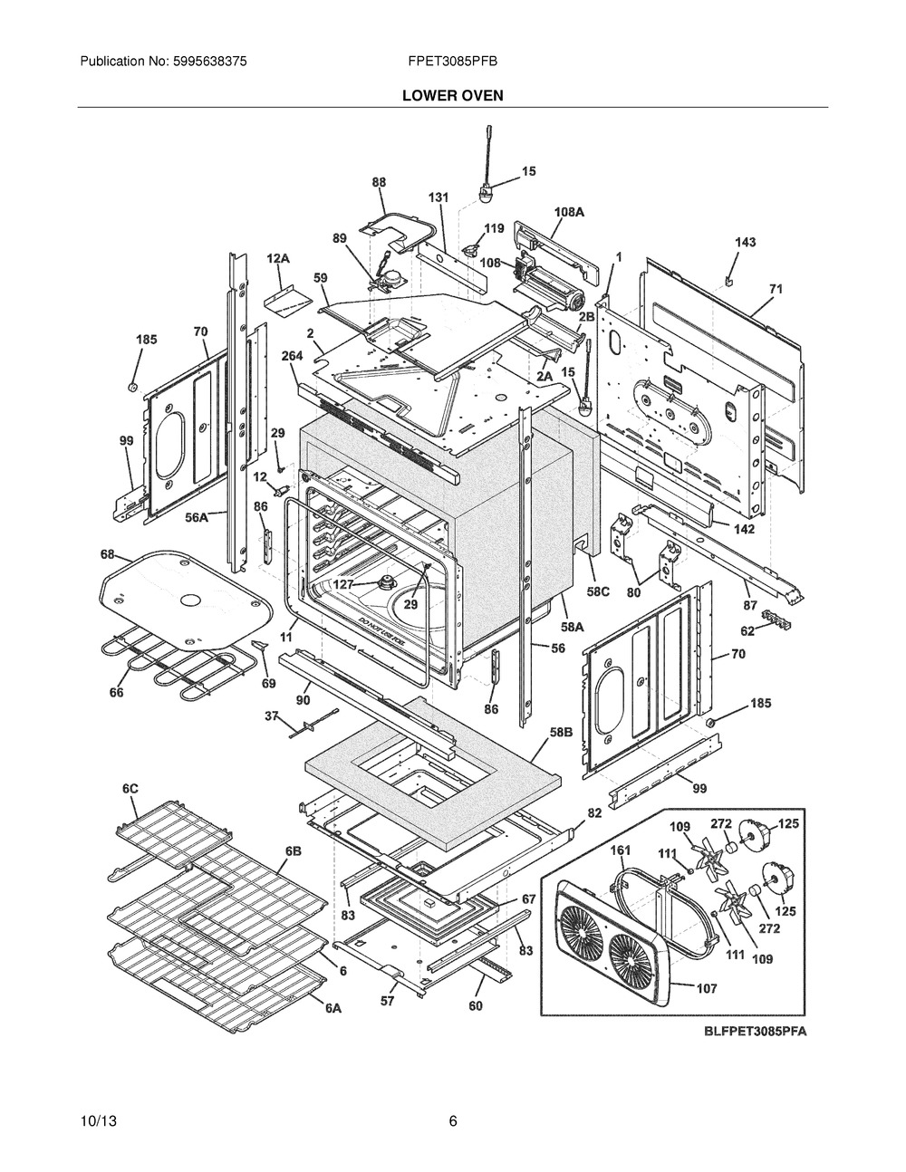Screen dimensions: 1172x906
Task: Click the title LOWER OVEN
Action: [453, 94]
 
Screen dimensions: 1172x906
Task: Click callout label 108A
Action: [569, 211]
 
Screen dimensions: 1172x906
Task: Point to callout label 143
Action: [745, 242]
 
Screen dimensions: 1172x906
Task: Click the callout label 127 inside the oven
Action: [343, 584]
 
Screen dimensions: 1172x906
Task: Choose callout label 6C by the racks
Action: [130, 789]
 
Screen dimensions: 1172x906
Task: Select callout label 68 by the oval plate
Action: [107, 553]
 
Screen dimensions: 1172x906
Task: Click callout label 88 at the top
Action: [379, 182]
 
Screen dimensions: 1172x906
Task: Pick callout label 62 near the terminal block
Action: [747, 631]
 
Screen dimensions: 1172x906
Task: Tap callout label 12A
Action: [278, 259]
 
